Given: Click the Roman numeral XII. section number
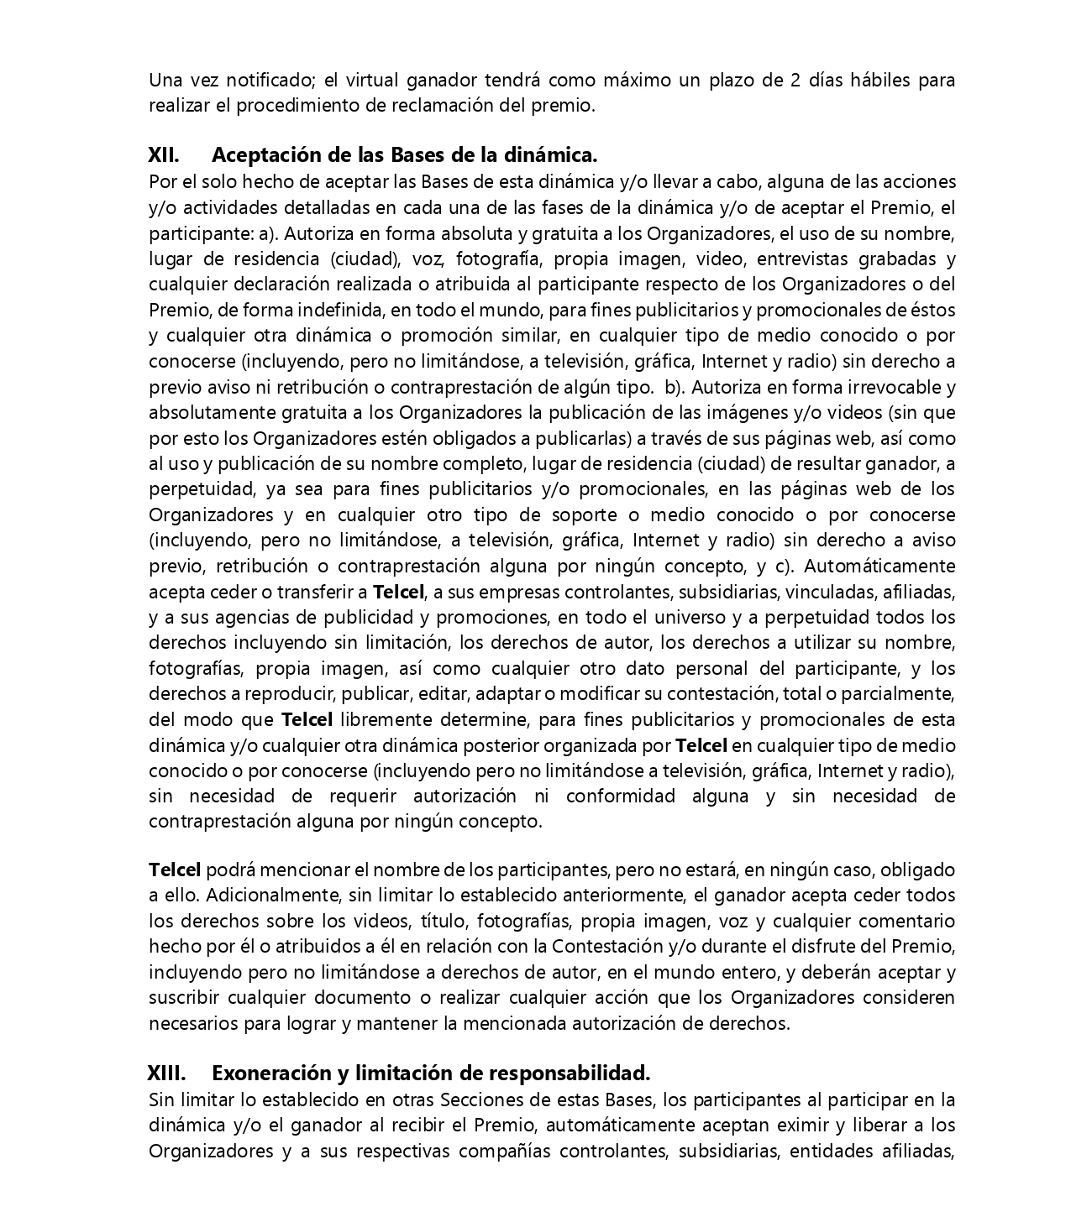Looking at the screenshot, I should pyautogui.click(x=164, y=155).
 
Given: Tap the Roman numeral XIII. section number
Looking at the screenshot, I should pyautogui.click(x=166, y=1073).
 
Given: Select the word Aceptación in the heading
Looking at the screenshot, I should pyautogui.click(x=259, y=155).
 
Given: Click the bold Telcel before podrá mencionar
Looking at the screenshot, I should pyautogui.click(x=175, y=870).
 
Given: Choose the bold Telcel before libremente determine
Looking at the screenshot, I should pyautogui.click(x=307, y=720).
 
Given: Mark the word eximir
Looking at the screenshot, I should pyautogui.click(x=804, y=1126).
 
